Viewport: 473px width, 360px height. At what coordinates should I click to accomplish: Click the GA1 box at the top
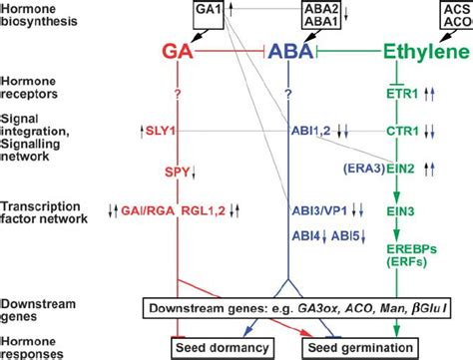[209, 11]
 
